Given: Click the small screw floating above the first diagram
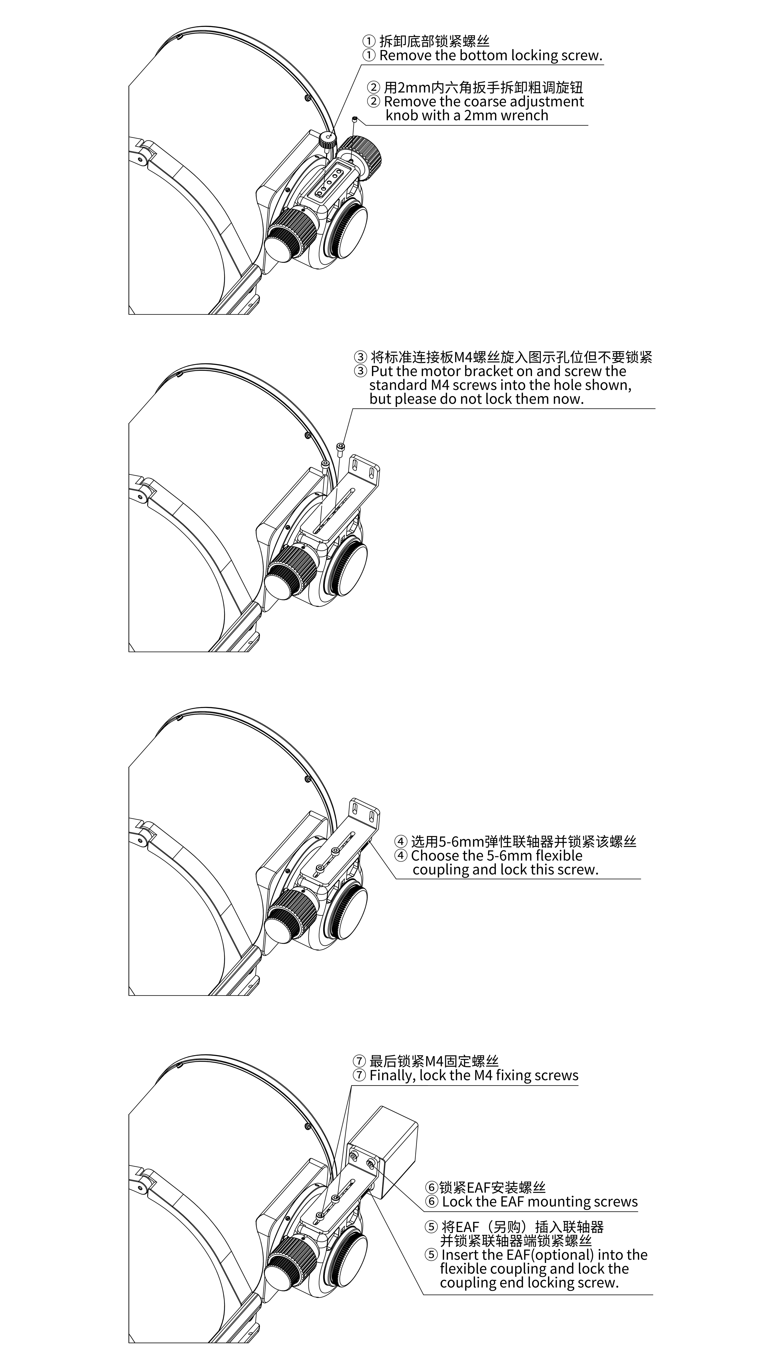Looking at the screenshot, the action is [x=355, y=119].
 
